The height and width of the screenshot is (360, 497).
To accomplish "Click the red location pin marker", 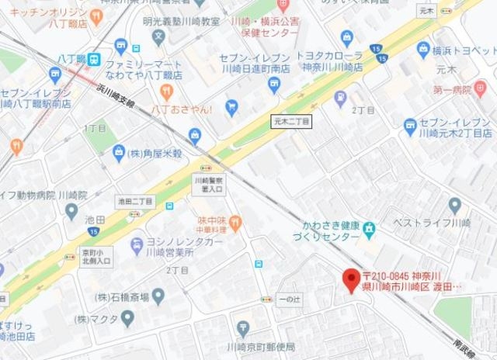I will coord(352,277).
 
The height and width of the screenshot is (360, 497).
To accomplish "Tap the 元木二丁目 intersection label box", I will coord(291,122).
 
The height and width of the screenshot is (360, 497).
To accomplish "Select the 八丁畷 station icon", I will coord(92,58).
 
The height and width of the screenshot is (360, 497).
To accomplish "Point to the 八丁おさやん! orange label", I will coord(183,110).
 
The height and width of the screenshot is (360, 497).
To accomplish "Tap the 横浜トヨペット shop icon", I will coord(423,50).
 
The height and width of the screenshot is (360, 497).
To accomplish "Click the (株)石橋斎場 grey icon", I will coord(158,296).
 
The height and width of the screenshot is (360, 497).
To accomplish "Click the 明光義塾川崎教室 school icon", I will coord(159,36).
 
